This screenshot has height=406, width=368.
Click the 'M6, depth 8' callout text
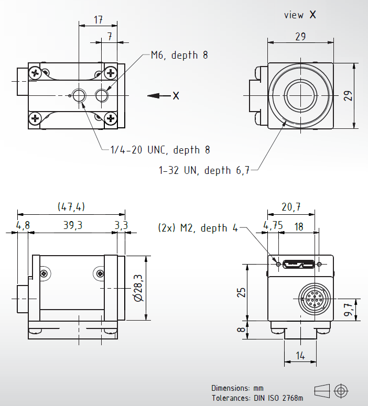179,55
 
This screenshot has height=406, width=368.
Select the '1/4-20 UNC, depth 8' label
160,150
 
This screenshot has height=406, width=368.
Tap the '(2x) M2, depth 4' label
198,228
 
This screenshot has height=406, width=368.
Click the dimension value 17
98,20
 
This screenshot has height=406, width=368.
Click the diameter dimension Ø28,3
138,288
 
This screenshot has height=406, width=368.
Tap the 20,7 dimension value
291,207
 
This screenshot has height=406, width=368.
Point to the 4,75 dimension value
273,226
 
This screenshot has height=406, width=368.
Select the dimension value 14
300,356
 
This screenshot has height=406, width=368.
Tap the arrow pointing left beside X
157,95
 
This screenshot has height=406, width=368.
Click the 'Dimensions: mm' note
237,388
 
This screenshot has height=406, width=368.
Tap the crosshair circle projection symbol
341,390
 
